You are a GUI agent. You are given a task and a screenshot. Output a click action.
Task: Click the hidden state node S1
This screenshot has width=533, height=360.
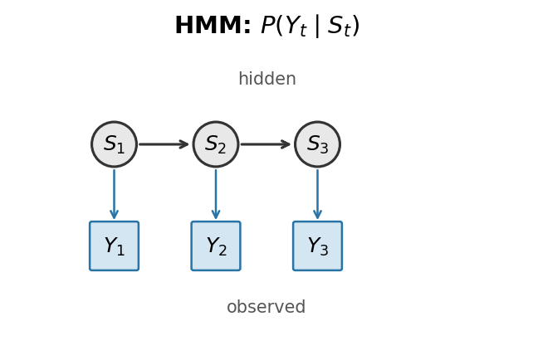click(114, 144)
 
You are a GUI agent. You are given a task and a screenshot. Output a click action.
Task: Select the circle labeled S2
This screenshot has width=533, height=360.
click(216, 144)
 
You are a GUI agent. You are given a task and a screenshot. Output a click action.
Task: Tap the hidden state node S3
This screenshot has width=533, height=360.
click(317, 144)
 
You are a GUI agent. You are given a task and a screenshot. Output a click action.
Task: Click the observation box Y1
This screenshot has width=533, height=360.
click(114, 246)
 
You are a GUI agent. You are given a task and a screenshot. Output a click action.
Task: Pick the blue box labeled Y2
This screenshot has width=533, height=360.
click(216, 246)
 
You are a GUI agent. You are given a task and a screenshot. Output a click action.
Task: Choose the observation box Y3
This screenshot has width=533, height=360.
click(317, 246)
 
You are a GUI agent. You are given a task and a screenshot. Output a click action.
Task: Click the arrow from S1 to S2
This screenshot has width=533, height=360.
click(164, 144)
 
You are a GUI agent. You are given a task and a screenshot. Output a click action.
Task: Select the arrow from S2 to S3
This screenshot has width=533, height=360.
click(266, 144)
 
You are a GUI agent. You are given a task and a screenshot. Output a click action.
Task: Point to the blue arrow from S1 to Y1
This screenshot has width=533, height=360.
click(114, 194)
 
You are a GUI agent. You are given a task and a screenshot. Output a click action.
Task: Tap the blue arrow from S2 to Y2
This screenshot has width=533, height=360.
click(216, 194)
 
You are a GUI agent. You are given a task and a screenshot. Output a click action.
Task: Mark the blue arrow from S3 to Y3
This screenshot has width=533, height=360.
click(317, 194)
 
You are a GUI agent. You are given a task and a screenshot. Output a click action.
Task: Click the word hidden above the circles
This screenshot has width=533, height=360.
click(266, 80)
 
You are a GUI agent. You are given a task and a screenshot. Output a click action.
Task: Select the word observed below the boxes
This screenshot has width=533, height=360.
click(266, 308)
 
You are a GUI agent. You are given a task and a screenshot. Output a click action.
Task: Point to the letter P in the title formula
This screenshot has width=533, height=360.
click(271, 27)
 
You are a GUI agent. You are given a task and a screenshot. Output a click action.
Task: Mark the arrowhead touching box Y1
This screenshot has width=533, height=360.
click(114, 215)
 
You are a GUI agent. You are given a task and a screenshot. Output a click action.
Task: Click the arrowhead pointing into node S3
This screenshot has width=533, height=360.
click(286, 144)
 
